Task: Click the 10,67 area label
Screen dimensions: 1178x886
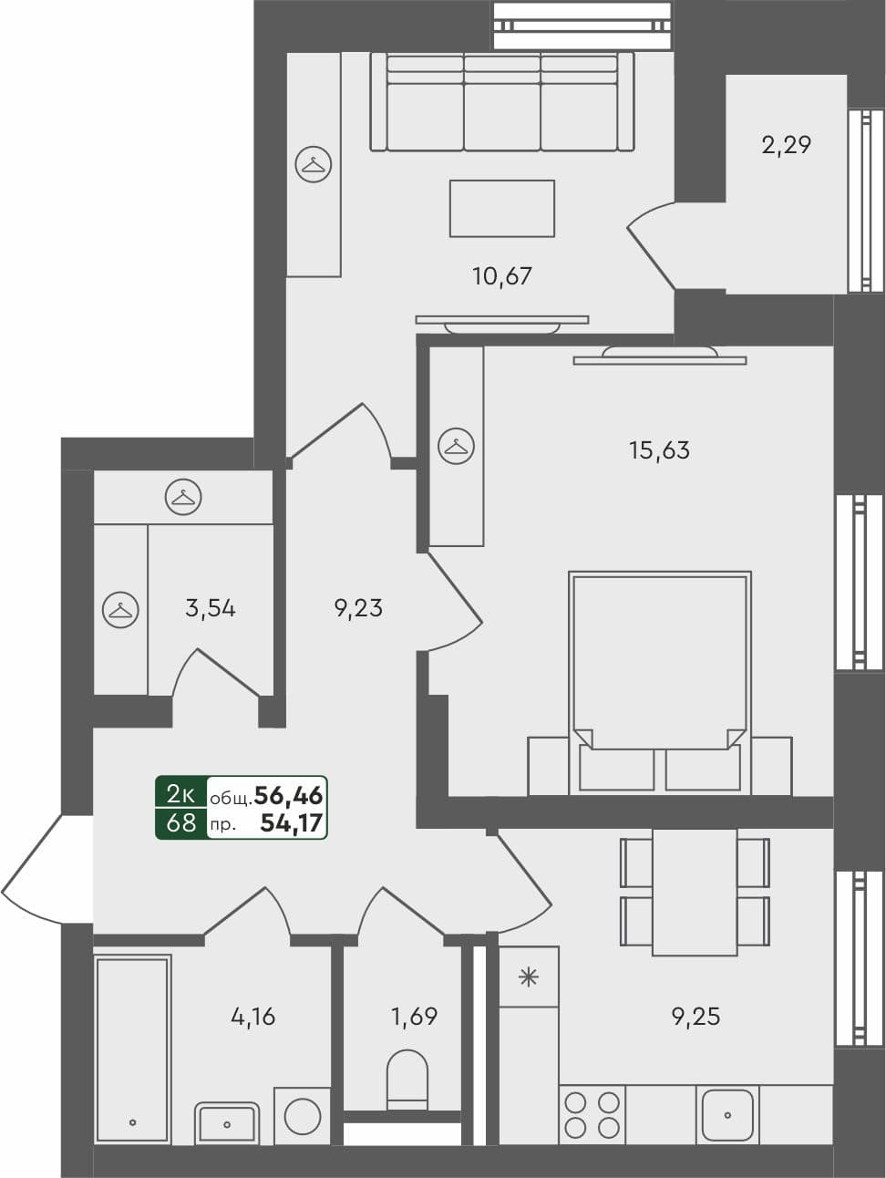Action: point(501,275)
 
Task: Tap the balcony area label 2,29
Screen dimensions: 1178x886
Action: point(786,144)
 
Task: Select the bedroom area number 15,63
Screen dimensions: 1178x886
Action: point(659,449)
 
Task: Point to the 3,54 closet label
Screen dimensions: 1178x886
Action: point(210,607)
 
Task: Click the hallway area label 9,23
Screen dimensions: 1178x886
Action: point(358,607)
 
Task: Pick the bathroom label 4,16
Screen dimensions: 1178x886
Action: point(252,1016)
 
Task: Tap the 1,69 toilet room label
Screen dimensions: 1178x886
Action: point(415,1016)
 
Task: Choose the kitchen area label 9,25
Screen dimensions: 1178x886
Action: point(695,1016)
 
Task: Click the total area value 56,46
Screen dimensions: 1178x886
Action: point(288,796)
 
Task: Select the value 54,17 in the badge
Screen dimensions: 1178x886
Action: point(291,823)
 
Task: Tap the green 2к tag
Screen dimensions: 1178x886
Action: point(181,795)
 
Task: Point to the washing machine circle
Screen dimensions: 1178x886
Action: point(303,1115)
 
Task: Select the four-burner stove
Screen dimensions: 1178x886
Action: point(592,1114)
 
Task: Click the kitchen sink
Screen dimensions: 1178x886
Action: point(727,1113)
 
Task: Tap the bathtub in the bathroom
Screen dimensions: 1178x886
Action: point(132,1048)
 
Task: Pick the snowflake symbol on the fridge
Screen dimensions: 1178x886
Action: point(529,977)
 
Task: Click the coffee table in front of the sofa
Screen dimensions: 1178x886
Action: point(501,208)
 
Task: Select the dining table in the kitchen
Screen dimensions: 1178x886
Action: point(695,891)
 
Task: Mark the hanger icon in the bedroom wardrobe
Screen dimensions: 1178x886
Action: point(456,446)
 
